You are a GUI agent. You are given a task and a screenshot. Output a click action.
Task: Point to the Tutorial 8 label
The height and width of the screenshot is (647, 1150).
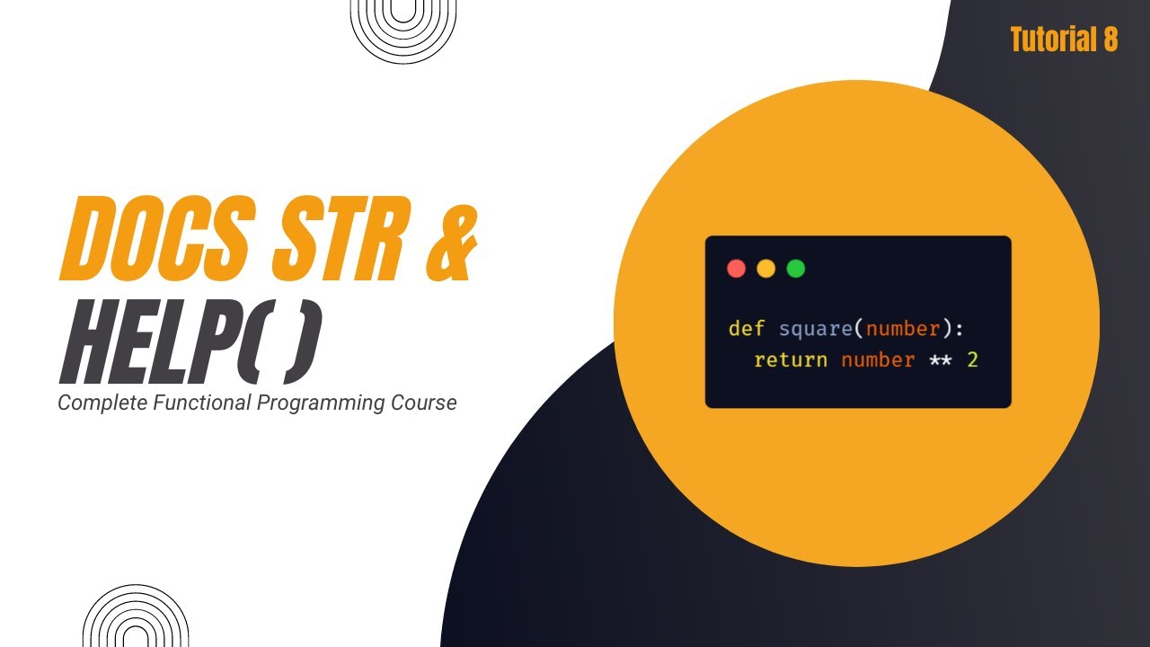(x=1064, y=40)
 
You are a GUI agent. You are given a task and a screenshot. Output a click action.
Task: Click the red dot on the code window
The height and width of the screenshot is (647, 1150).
(x=737, y=269)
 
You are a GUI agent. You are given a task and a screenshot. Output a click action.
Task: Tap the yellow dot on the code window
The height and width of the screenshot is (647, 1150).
(x=766, y=269)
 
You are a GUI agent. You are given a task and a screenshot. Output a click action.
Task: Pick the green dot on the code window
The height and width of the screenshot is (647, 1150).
(x=796, y=269)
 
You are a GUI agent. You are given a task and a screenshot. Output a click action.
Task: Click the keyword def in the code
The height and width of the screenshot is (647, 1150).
(x=746, y=329)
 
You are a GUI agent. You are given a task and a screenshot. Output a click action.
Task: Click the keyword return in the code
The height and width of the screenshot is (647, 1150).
(x=791, y=360)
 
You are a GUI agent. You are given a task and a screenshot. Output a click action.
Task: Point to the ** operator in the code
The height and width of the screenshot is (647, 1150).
(x=941, y=360)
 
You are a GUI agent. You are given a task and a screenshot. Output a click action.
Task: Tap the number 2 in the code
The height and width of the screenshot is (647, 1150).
(x=972, y=360)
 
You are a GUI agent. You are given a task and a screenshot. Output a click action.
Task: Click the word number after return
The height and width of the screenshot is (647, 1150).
(x=878, y=360)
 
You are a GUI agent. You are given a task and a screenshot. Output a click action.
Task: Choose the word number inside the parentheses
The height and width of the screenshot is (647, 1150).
(x=903, y=329)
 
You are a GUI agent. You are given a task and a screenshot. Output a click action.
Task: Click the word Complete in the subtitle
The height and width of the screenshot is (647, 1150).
(x=102, y=403)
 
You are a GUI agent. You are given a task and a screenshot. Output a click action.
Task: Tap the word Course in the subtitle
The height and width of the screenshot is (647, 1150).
(x=423, y=403)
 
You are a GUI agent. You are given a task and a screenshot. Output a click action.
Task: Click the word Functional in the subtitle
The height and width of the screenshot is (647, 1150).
(x=202, y=403)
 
